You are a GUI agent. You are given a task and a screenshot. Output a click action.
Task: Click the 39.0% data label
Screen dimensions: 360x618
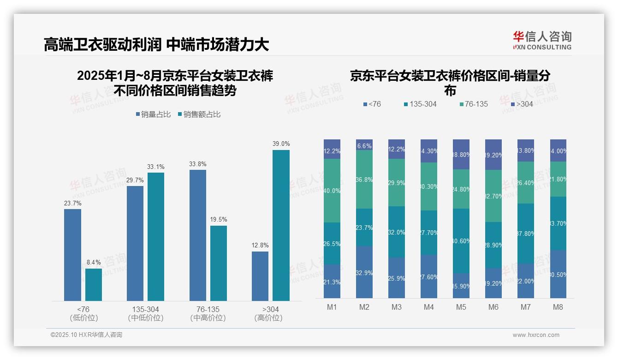pos(281,144)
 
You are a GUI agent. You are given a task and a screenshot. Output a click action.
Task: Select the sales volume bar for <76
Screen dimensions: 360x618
pos(72,255)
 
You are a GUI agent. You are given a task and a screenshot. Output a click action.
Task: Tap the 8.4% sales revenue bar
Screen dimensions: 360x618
pos(94,284)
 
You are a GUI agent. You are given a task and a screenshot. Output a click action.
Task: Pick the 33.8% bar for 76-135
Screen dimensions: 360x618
pos(198,235)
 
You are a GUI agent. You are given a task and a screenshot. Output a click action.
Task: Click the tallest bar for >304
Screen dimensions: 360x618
pos(281,225)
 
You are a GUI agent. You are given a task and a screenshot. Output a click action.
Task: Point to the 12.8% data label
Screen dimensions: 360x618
pos(260,246)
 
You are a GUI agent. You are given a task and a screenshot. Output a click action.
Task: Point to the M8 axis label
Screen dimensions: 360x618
pos(558,307)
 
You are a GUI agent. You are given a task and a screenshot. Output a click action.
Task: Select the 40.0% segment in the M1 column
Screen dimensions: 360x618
pos(332,191)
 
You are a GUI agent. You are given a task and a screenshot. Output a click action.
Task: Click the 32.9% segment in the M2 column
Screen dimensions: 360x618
pos(364,272)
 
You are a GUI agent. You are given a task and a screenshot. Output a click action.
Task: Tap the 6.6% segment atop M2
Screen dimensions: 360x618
pos(364,145)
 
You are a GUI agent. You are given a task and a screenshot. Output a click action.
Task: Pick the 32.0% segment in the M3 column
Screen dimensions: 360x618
pos(397,232)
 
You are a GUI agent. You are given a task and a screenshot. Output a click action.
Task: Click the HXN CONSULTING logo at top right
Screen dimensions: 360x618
pos(542,41)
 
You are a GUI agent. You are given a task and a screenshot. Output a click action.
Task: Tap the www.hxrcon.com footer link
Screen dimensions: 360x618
pos(536,335)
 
